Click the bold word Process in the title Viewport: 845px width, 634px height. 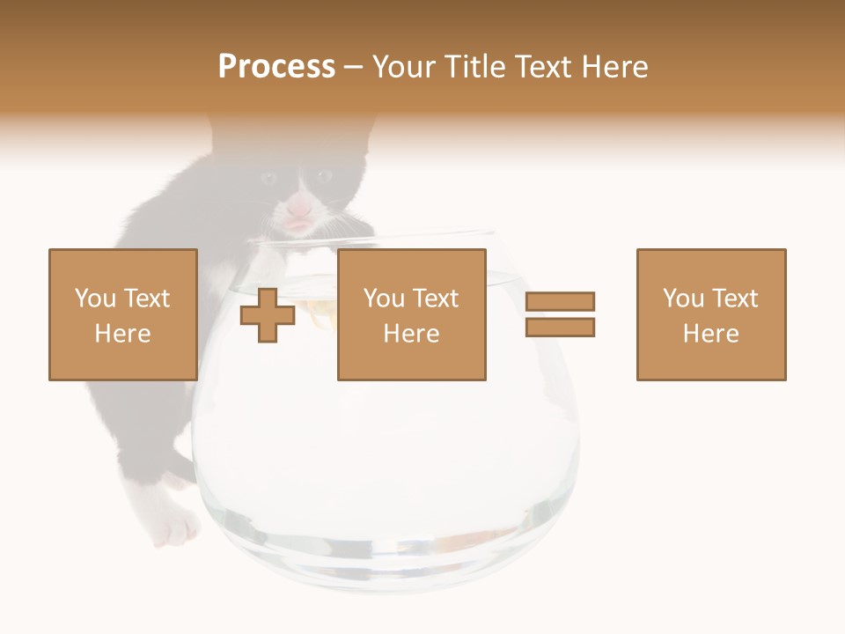pos(276,67)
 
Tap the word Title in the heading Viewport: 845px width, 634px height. pos(476,67)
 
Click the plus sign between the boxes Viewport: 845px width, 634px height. pos(268,315)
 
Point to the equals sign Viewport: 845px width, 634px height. pos(560,314)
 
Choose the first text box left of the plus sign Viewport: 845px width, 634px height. pos(122,314)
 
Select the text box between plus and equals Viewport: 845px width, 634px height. pos(411,314)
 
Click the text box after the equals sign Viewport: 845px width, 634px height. pos(710,314)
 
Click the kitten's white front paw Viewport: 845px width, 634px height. pos(175,527)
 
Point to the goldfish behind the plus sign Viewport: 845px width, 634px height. pos(319,308)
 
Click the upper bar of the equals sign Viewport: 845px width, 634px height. pos(560,301)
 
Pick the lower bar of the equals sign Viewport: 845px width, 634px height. pos(560,328)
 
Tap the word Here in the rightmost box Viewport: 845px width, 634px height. pos(710,333)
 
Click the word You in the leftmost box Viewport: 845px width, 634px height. pos(95,299)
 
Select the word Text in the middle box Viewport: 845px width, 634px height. pos(436,299)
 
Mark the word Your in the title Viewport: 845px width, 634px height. pos(404,67)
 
